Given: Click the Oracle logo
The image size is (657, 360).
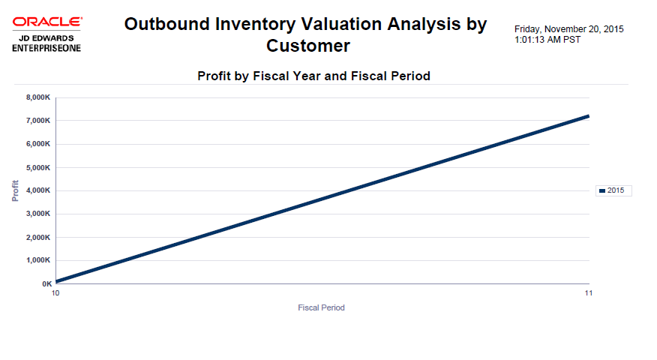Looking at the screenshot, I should coord(47,23).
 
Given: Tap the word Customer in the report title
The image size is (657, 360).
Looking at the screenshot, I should coord(307,46).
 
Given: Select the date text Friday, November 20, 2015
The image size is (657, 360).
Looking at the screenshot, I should coord(568,29).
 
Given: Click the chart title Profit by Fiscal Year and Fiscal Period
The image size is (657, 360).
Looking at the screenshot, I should coord(313,76).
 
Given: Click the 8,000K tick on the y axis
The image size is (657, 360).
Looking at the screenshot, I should coord(37,97).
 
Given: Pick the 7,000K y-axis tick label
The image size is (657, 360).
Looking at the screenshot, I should coord(37,121).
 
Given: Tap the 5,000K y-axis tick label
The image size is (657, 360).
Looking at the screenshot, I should coord(37,167).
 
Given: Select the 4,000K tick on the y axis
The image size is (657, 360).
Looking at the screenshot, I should coord(37,190).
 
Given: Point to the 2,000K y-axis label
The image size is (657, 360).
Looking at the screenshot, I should coord(37,237).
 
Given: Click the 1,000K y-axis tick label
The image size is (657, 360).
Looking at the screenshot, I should coord(37,260).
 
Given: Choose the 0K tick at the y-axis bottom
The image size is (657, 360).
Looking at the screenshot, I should coord(46,284).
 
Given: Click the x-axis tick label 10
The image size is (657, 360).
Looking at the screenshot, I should coord(55,292).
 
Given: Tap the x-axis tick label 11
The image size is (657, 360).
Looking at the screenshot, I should coord(589,292).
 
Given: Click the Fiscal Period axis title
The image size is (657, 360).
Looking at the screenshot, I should coord(321,307).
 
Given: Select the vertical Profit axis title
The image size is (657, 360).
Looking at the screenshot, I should coord(15,190).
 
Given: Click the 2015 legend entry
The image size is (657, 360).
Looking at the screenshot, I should coord(614,190).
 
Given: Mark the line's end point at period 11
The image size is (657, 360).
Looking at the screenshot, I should coord(589,116).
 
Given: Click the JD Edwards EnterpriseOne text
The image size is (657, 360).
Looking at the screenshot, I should coord(46,43).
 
